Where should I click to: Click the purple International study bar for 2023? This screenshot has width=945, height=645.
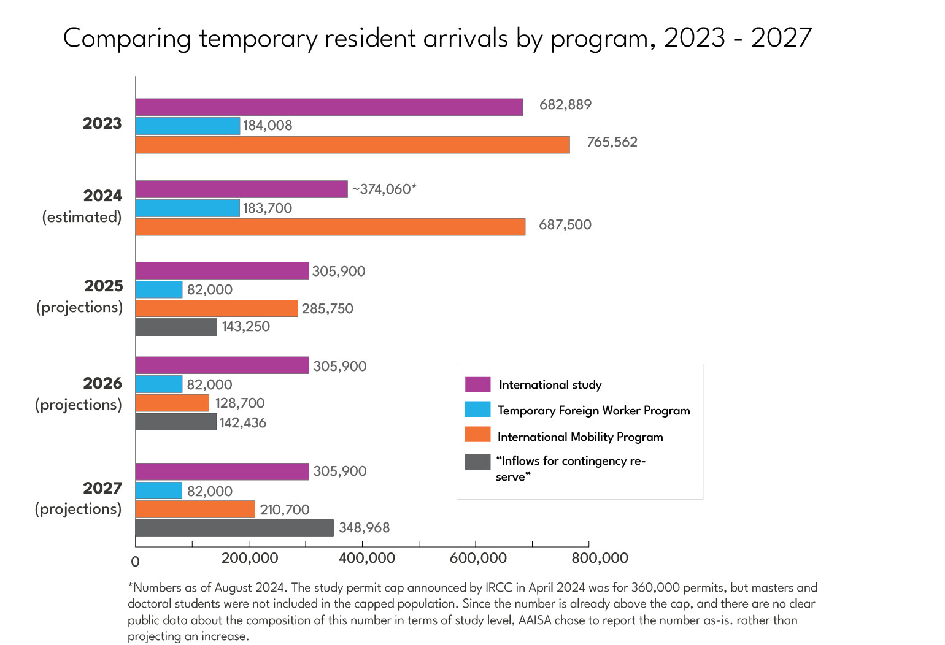coord(329,107)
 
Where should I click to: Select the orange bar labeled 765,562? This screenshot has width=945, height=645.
coord(352,145)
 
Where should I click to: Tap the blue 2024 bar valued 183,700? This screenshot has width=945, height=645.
coord(187,208)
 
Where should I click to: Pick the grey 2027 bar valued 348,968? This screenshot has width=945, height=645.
coord(234,528)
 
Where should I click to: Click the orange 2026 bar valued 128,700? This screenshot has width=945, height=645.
coord(172,403)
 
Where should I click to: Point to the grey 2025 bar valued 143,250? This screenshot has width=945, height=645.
coord(176,327)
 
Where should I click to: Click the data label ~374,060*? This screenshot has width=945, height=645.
coord(384,189)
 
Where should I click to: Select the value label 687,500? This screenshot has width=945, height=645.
coord(565,225)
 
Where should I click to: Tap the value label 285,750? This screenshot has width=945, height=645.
coord(327,308)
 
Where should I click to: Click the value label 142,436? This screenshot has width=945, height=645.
coord(242,422)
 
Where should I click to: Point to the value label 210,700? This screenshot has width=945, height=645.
coord(284,510)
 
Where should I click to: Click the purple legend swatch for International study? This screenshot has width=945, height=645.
coord(477,384)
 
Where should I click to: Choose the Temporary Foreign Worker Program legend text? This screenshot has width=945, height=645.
coord(593,410)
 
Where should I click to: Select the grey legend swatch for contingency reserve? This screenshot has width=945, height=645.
coord(477,462)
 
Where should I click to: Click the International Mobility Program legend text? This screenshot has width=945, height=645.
coord(580,437)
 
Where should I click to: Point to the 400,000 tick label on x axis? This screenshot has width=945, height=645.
coord(366,559)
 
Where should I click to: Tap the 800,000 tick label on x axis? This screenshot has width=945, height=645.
coord(599,559)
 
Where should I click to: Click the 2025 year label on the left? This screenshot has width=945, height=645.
coord(104,286)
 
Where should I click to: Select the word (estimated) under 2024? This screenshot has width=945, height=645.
coord(82,217)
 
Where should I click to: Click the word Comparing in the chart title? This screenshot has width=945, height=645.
coord(127,38)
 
